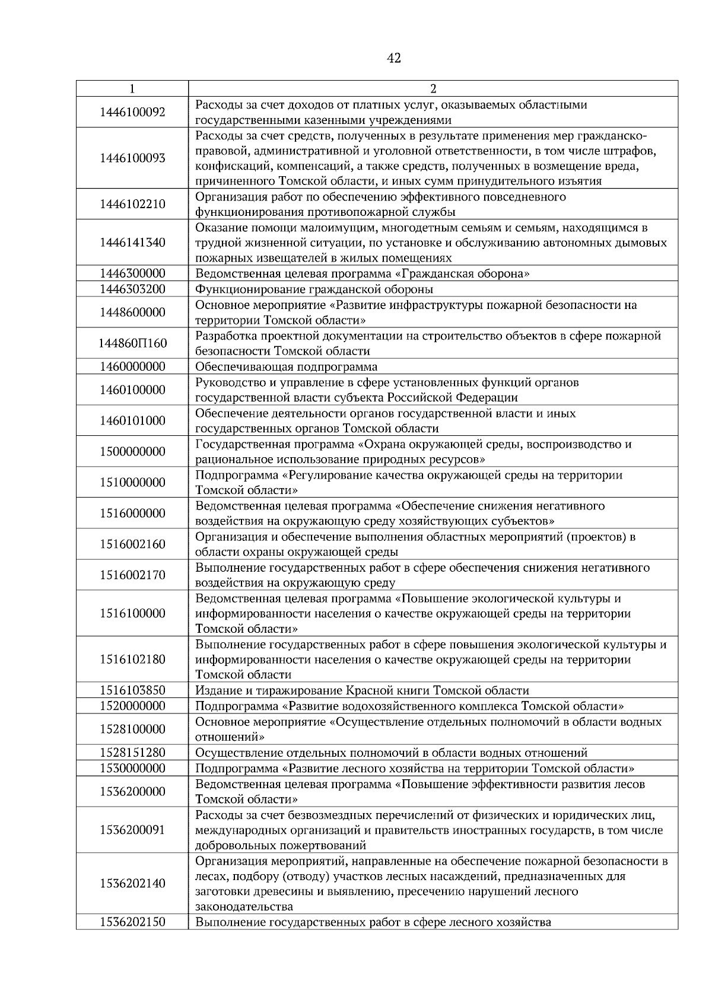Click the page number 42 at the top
(x=393, y=58)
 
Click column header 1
(x=132, y=89)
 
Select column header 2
(x=433, y=89)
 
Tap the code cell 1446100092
(x=132, y=112)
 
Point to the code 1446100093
(x=132, y=158)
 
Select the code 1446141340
(x=132, y=243)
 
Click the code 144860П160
(x=132, y=343)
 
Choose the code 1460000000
(x=132, y=367)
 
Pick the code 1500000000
(x=132, y=451)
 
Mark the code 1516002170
(x=132, y=575)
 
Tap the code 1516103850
(x=132, y=690)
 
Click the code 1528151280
(x=132, y=753)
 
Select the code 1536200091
(x=132, y=830)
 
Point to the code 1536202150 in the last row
(x=132, y=922)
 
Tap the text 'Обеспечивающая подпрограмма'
(x=286, y=367)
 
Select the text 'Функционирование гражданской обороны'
(x=314, y=289)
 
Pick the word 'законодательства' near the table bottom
(x=244, y=907)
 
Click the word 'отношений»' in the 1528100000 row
(x=230, y=737)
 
